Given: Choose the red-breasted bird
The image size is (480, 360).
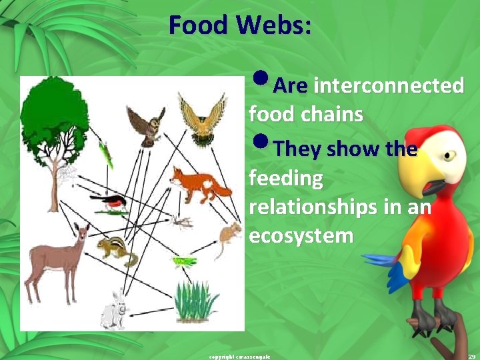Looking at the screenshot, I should click(x=108, y=201).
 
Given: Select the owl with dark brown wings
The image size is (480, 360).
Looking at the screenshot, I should click(x=148, y=126).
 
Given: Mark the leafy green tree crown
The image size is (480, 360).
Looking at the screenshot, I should click(x=54, y=113).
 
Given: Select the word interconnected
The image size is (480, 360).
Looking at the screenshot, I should click(x=389, y=85).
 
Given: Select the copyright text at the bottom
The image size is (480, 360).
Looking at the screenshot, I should click(x=239, y=357).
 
